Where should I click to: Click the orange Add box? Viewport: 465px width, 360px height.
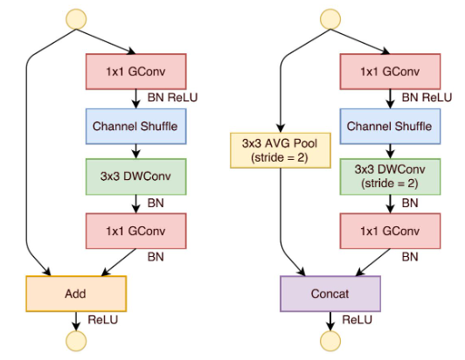[76, 294]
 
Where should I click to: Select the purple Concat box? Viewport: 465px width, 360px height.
[330, 294]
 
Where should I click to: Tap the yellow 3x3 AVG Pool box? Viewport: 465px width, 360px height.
[279, 150]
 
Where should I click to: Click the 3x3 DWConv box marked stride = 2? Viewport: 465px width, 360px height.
[389, 174]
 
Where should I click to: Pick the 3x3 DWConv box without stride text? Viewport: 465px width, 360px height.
[135, 175]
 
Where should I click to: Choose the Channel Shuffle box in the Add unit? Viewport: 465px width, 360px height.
[135, 126]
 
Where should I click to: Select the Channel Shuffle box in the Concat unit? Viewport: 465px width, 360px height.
[389, 126]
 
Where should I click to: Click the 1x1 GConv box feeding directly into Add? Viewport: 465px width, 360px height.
[135, 232]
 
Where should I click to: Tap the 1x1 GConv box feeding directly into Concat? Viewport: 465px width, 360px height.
[389, 232]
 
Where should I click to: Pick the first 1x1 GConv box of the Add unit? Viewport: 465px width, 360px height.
[135, 70]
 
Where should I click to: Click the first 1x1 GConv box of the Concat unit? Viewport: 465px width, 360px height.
[389, 70]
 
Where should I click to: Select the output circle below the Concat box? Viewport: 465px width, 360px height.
[330, 341]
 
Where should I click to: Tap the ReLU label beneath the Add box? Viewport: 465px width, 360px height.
[99, 321]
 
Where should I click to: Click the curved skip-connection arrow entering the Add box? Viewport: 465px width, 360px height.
[29, 175]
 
